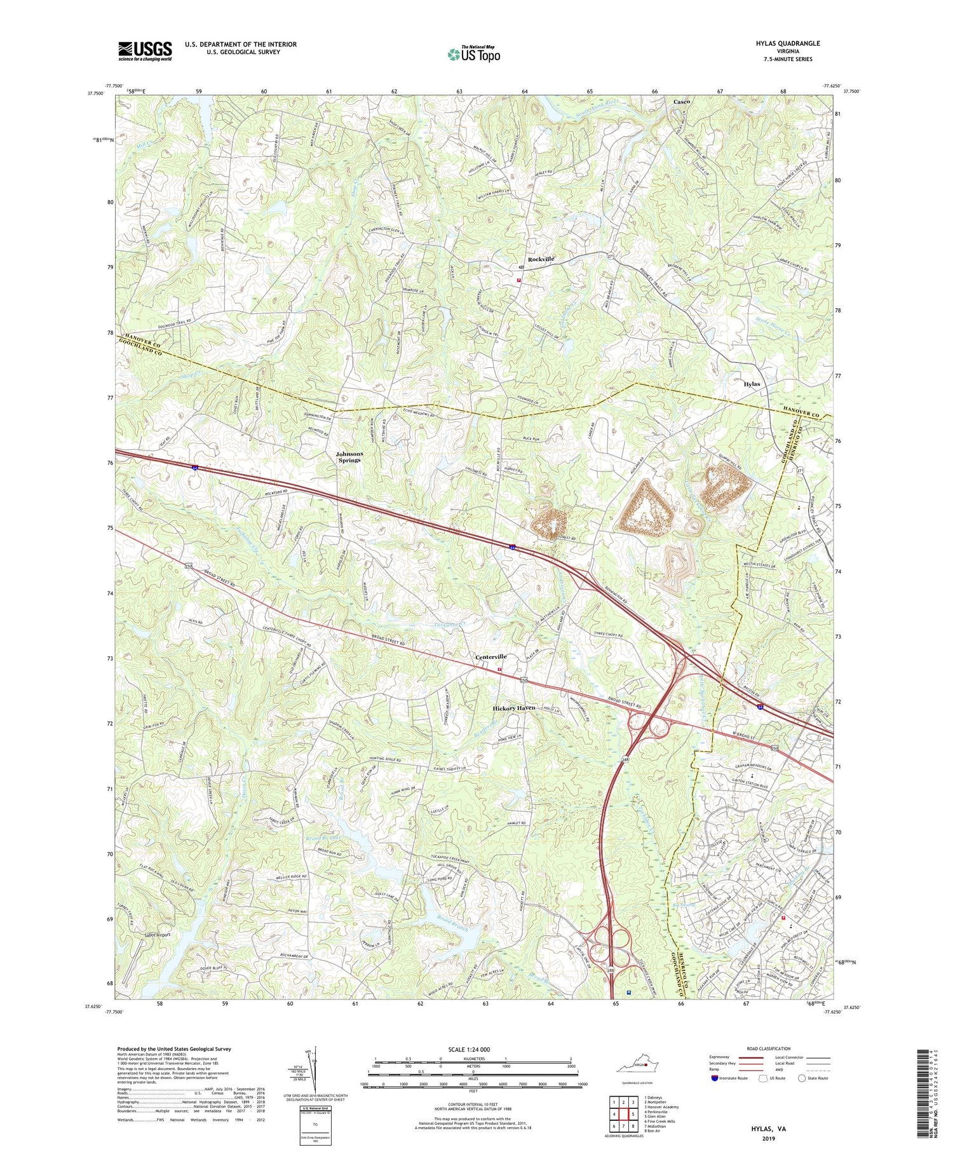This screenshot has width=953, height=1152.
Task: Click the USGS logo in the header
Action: pos(145,51)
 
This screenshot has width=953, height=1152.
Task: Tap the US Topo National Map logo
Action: pos(473,55)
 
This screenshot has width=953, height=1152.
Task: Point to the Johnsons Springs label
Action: pos(348,457)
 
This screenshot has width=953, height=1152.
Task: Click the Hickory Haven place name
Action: pos(514,708)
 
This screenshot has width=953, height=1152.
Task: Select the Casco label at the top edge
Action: pos(682,102)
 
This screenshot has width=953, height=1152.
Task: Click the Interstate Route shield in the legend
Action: pos(715,1078)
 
